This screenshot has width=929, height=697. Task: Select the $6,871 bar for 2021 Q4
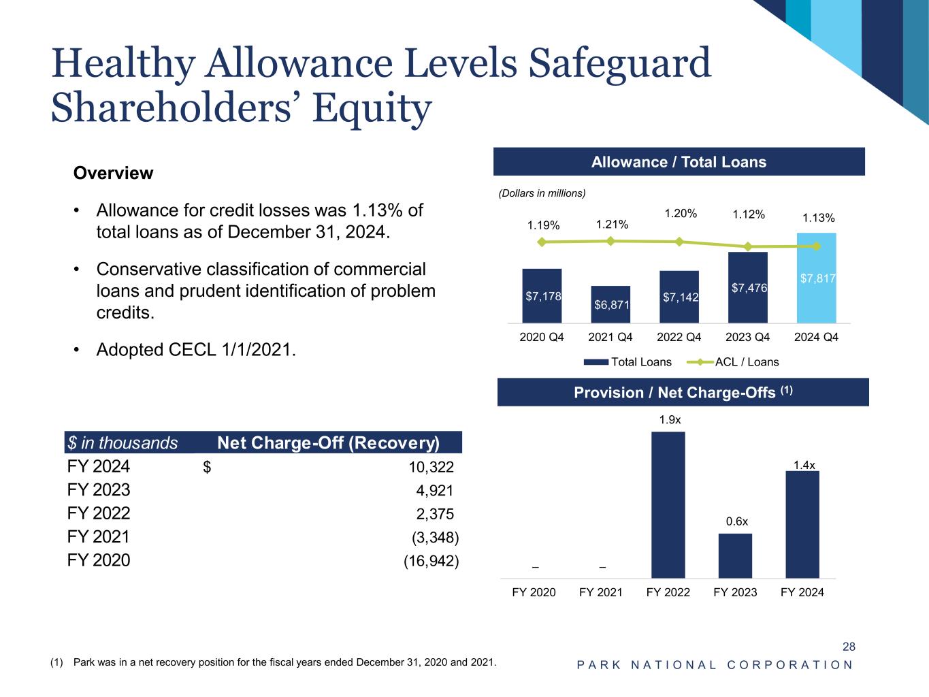click(x=610, y=304)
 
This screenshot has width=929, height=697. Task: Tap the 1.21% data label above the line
click(x=612, y=225)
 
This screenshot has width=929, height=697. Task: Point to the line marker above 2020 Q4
click(x=542, y=242)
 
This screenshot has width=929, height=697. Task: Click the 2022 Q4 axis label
click(x=679, y=337)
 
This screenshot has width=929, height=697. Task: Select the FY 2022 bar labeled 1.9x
click(x=668, y=504)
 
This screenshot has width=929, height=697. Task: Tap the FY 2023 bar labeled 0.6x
click(x=735, y=555)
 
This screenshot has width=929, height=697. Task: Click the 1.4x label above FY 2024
click(x=804, y=465)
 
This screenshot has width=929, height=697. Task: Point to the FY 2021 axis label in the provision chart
click(x=600, y=592)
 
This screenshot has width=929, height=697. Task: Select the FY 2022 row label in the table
click(x=99, y=514)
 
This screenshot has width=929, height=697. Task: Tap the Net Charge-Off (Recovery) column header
click(x=328, y=443)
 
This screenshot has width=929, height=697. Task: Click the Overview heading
click(x=113, y=173)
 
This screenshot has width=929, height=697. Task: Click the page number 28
click(x=849, y=647)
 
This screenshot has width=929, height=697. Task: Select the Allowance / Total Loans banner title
click(x=679, y=162)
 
